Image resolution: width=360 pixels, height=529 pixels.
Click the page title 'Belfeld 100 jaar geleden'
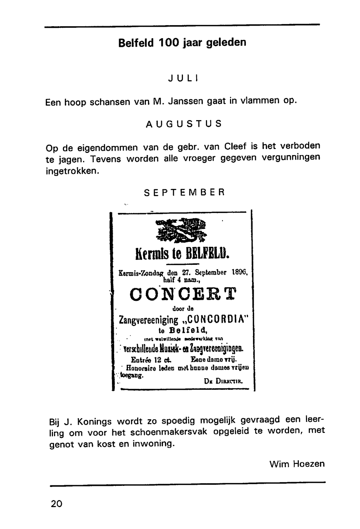[182, 43]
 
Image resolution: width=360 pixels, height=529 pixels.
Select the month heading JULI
[184, 78]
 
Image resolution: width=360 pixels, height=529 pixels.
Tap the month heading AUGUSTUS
[184, 124]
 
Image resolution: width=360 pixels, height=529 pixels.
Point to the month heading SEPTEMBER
[184, 192]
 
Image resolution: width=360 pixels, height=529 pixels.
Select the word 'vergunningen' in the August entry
[291, 158]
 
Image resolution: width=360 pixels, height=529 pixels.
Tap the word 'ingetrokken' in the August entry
[72, 171]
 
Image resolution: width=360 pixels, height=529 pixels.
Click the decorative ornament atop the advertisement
[182, 230]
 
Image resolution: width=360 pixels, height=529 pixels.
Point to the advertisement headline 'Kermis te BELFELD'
[182, 253]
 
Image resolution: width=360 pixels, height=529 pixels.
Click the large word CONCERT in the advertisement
[183, 294]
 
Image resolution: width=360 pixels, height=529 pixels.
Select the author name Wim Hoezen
[297, 464]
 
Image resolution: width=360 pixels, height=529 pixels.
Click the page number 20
[57, 503]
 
